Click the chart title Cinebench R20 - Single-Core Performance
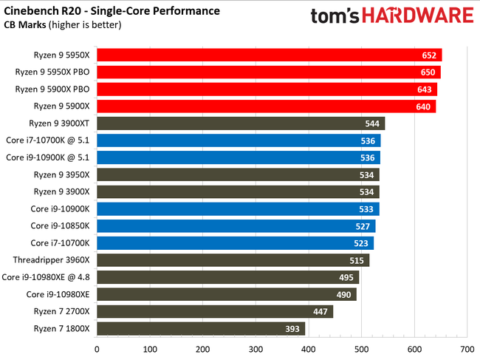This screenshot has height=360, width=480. click(112, 10)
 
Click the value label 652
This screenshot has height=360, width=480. click(429, 55)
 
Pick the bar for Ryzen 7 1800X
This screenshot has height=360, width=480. click(200, 328)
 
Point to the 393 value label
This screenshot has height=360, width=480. click(293, 328)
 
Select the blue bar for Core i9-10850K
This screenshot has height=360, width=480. click(236, 226)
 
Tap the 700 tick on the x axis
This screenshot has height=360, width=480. click(467, 347)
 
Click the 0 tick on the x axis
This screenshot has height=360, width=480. click(97, 347)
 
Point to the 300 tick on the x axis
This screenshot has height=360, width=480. click(256, 347)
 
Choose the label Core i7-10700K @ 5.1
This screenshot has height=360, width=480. click(47, 140)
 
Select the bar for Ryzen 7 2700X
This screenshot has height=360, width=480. click(214, 311)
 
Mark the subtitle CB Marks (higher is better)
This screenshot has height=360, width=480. click(64, 24)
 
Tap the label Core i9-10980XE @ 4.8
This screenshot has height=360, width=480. click(46, 277)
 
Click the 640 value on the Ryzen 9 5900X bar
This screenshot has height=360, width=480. click(423, 106)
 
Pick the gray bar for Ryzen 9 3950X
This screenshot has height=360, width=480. click(237, 174)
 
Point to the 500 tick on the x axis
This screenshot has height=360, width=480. click(361, 347)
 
